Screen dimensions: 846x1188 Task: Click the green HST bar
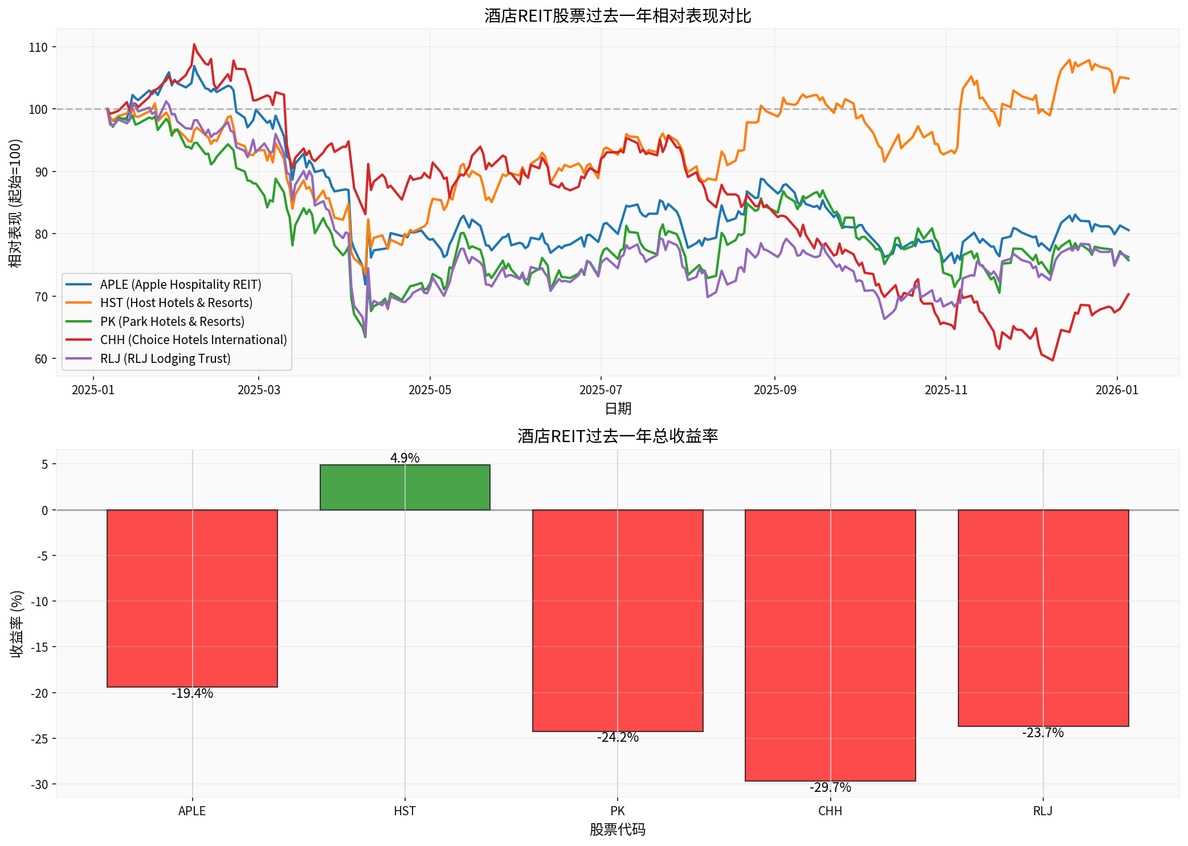point(405,487)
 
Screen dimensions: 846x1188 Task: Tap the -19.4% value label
point(192,693)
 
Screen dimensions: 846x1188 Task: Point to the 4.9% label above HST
point(405,458)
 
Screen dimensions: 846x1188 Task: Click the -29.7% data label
point(830,787)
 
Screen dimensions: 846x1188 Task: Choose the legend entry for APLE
point(180,284)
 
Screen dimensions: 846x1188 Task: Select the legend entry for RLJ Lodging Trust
point(165,358)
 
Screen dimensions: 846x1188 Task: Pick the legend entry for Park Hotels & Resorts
point(172,321)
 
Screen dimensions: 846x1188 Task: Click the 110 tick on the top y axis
point(38,47)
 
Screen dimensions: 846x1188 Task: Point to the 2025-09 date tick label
point(774,390)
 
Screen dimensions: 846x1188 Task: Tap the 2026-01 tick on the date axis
point(1117,390)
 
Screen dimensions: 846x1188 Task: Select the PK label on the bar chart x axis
point(618,811)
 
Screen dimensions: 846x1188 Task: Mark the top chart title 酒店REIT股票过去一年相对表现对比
point(618,15)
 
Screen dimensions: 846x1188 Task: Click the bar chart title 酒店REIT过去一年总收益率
point(618,436)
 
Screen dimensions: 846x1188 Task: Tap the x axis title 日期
point(618,408)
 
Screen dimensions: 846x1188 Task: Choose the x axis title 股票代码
point(618,829)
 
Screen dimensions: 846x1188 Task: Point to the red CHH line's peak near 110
point(194,44)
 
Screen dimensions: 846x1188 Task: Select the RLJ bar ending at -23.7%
point(1043,618)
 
